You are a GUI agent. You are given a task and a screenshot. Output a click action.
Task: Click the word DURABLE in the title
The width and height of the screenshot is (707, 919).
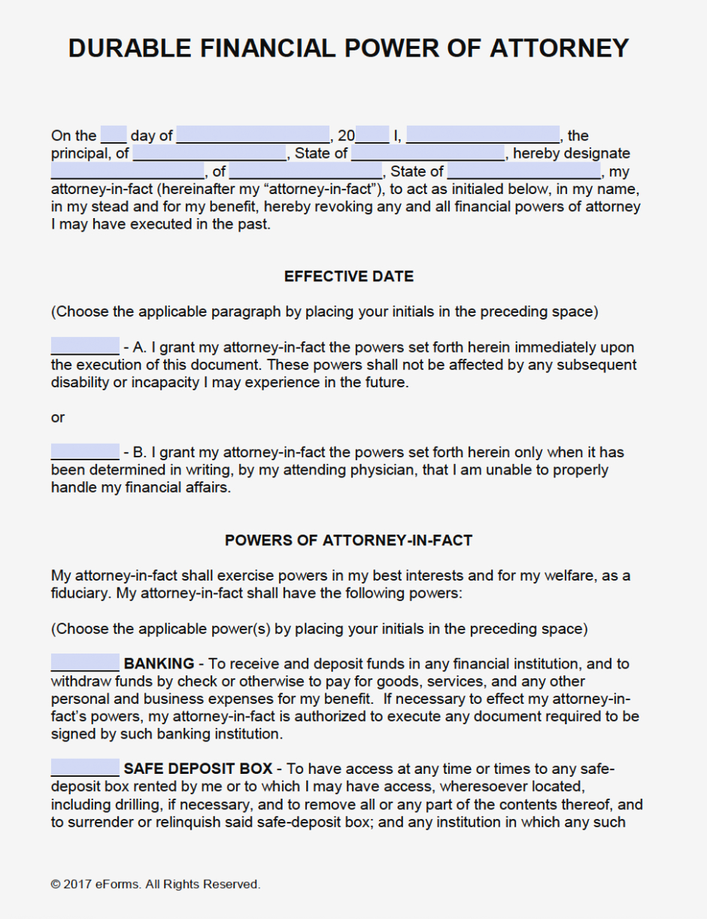[130, 48]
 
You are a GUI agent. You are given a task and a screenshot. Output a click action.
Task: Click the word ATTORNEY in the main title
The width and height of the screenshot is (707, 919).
[559, 48]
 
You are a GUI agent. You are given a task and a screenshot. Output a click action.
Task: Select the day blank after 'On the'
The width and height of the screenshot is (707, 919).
[114, 135]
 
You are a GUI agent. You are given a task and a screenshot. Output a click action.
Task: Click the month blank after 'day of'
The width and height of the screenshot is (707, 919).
[253, 135]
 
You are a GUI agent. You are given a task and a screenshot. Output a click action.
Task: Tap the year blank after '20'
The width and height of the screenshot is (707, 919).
[372, 135]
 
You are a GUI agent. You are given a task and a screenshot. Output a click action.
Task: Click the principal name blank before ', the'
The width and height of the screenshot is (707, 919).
[482, 135]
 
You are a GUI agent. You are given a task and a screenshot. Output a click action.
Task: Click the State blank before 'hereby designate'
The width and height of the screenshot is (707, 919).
[428, 153]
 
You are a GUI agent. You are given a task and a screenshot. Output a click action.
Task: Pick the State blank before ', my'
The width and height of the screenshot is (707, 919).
[523, 171]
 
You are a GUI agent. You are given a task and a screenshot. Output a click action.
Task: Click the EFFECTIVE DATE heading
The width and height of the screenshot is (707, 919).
[349, 277]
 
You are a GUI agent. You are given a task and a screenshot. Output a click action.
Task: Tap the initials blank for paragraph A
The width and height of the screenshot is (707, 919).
[85, 346]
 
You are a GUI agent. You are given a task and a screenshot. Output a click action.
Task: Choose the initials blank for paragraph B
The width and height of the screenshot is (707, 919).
[85, 451]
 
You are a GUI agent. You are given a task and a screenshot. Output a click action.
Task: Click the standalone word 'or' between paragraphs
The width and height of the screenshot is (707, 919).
[58, 417]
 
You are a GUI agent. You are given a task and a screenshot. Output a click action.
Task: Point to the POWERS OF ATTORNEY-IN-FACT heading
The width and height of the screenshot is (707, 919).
[348, 541]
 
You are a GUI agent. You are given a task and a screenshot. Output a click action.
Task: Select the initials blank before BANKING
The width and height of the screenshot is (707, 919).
[85, 663]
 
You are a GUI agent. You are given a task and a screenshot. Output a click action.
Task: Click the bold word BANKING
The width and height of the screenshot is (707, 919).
[159, 664]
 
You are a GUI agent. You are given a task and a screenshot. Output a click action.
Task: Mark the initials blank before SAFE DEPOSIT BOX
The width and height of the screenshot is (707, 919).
[85, 768]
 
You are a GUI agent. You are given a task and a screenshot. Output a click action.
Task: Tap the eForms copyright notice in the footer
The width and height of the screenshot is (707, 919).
[156, 884]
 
